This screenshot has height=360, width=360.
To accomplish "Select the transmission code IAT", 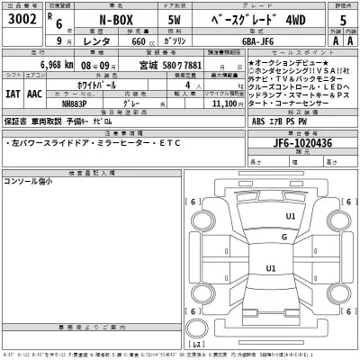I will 13,91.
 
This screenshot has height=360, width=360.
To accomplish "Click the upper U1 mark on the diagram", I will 291,217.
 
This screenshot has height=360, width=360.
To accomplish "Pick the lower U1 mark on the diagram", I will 270,268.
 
